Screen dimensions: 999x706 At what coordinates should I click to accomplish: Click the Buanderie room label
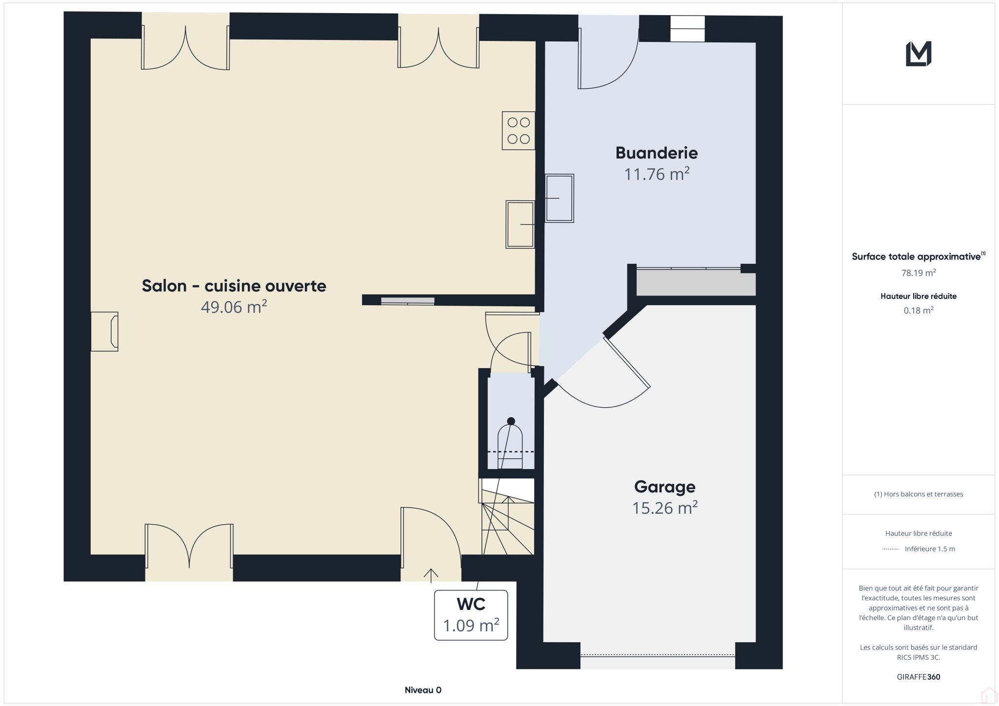[657, 153]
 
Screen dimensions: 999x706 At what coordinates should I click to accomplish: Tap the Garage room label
[665, 487]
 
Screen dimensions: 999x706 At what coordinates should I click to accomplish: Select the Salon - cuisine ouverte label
[234, 286]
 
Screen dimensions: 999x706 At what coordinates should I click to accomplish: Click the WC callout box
[471, 615]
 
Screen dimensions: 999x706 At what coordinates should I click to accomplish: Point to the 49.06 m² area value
[234, 307]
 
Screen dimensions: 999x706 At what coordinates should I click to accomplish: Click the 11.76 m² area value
[657, 174]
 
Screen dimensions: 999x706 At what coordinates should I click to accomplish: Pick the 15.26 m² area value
[665, 508]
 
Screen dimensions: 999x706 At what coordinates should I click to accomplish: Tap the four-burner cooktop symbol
[519, 131]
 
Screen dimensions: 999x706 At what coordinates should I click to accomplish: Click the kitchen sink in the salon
[520, 224]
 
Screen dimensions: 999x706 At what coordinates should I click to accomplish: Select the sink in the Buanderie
[559, 198]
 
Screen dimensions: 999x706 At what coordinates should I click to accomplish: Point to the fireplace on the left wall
[104, 332]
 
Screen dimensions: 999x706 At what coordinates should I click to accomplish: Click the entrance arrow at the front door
[431, 575]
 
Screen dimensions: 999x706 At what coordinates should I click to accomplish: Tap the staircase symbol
[507, 517]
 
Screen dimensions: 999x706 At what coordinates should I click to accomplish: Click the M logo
[919, 54]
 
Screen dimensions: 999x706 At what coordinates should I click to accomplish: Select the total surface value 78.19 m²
[919, 273]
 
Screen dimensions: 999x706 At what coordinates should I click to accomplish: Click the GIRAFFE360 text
[919, 677]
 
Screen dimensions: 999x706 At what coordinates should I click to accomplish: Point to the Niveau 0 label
[423, 690]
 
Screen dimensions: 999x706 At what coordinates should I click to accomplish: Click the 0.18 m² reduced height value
[919, 310]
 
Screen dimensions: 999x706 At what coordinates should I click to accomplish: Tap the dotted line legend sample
[891, 549]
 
